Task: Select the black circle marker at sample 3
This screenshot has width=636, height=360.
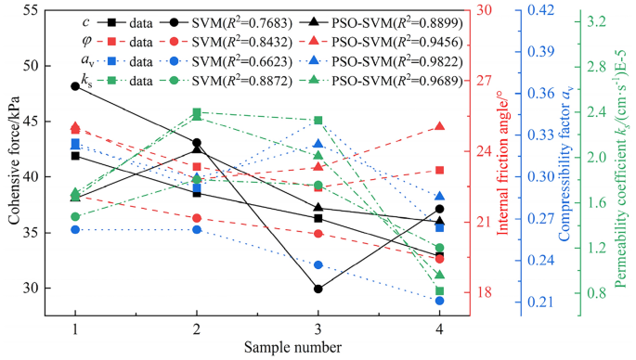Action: (318, 289)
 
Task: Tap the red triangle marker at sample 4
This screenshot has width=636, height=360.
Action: (439, 126)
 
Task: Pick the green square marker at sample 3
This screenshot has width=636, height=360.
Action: (318, 121)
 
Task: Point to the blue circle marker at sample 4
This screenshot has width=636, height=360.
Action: (439, 301)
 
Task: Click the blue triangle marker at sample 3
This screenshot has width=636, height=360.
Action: (318, 144)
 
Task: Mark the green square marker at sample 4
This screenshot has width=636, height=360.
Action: (439, 291)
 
